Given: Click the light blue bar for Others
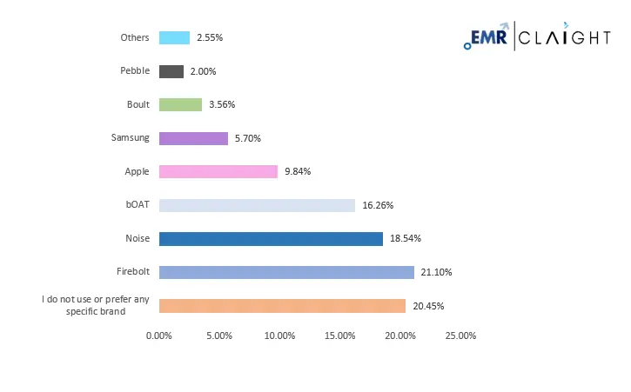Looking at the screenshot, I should (174, 37).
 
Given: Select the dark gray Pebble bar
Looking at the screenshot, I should (171, 71).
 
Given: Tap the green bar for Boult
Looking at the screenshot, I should (180, 104).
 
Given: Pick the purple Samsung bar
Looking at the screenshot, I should (193, 137).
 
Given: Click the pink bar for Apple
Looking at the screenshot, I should (218, 171).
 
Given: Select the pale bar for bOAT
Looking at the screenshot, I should (257, 205).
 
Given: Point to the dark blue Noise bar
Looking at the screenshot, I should (271, 238).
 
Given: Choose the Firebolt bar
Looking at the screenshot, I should (286, 272).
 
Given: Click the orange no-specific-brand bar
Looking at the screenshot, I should (283, 306).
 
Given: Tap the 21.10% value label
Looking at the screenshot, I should (437, 272).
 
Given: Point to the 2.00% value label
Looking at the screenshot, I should (202, 71).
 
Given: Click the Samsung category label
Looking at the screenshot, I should (131, 137).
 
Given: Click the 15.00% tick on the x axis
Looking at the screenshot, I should (339, 336).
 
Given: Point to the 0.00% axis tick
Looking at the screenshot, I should (159, 336).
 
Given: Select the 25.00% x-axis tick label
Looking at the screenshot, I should (460, 336).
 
